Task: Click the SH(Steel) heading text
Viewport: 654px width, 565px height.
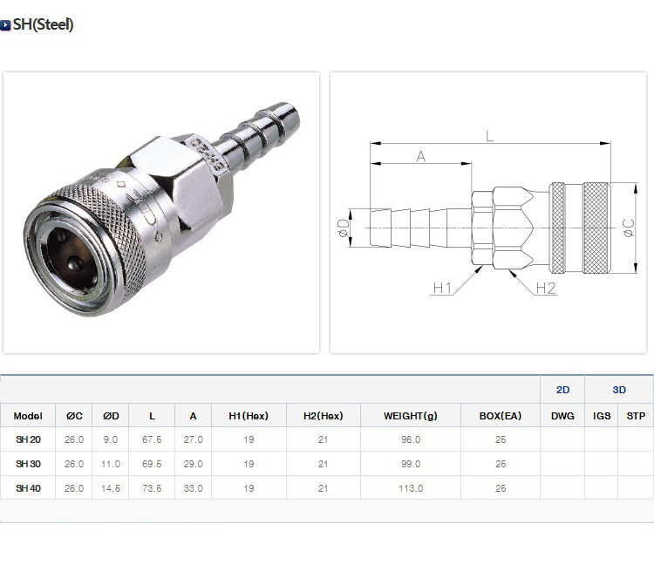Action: tap(43, 24)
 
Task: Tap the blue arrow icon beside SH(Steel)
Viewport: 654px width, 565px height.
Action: tap(5, 25)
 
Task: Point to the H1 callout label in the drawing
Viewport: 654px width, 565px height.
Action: tap(442, 288)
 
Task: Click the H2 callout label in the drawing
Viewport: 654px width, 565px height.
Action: tap(546, 288)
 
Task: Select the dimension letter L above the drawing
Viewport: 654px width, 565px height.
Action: tap(490, 136)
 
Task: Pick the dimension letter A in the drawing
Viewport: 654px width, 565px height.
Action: tap(421, 156)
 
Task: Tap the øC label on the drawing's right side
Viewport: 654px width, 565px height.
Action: tap(629, 228)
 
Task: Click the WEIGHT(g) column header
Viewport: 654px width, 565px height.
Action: tap(411, 416)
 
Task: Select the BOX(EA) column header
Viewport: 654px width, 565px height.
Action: tap(501, 416)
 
